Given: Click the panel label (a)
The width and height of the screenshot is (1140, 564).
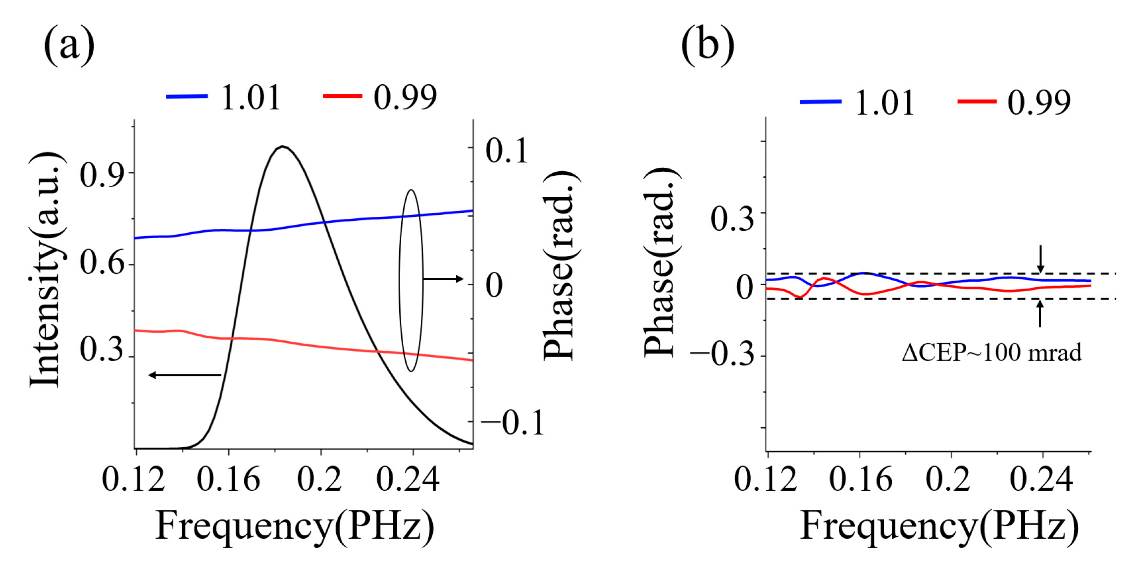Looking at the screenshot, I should [x=69, y=46].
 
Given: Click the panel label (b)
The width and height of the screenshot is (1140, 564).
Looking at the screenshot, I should [x=707, y=46].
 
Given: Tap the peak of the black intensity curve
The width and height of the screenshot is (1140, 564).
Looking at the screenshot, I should [x=282, y=147].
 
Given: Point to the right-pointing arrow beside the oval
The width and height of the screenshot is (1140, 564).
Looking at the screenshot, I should [x=444, y=279].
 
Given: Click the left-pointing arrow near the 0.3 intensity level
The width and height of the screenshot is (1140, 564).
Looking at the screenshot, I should [x=184, y=375].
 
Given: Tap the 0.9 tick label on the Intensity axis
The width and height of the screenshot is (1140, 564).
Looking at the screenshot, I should [x=101, y=175].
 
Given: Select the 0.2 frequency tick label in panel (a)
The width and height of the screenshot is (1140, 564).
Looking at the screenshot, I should [x=319, y=479].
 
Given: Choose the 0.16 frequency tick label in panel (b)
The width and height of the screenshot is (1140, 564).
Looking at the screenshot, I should [x=861, y=479].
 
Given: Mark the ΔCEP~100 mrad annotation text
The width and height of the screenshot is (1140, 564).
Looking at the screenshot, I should [x=991, y=353].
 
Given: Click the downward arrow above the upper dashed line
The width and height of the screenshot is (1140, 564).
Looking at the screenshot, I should [x=1040, y=258].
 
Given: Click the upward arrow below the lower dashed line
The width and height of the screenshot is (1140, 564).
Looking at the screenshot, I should [x=1040, y=313].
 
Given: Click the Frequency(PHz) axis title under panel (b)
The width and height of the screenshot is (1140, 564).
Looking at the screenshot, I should [x=939, y=526].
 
